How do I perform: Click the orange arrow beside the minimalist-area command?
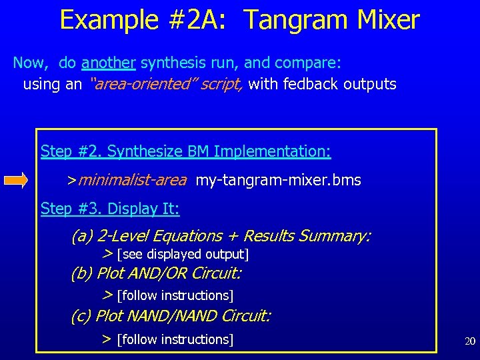[x=15, y=180]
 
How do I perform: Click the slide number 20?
[x=470, y=341]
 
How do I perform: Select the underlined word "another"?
[x=109, y=63]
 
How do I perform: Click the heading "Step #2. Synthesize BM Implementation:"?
[x=185, y=151]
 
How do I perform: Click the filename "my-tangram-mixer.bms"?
[x=278, y=180]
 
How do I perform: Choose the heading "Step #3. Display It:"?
[x=110, y=209]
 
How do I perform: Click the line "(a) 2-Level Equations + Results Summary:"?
[x=221, y=236]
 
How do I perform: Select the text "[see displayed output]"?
[x=182, y=255]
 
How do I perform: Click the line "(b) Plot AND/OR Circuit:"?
[x=156, y=273]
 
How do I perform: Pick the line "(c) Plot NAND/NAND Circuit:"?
[x=171, y=315]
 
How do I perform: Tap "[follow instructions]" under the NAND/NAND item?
[x=175, y=339]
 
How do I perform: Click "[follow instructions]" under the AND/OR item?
[x=175, y=295]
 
